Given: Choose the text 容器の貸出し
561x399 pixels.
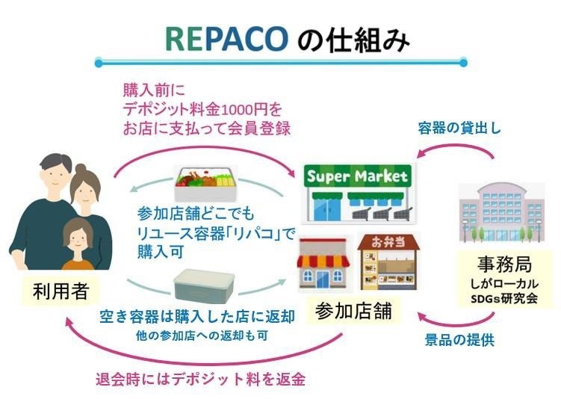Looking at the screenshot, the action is click(459, 128).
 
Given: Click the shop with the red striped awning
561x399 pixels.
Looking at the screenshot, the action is click(324, 265).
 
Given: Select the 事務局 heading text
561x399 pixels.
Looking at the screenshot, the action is click(501, 265).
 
